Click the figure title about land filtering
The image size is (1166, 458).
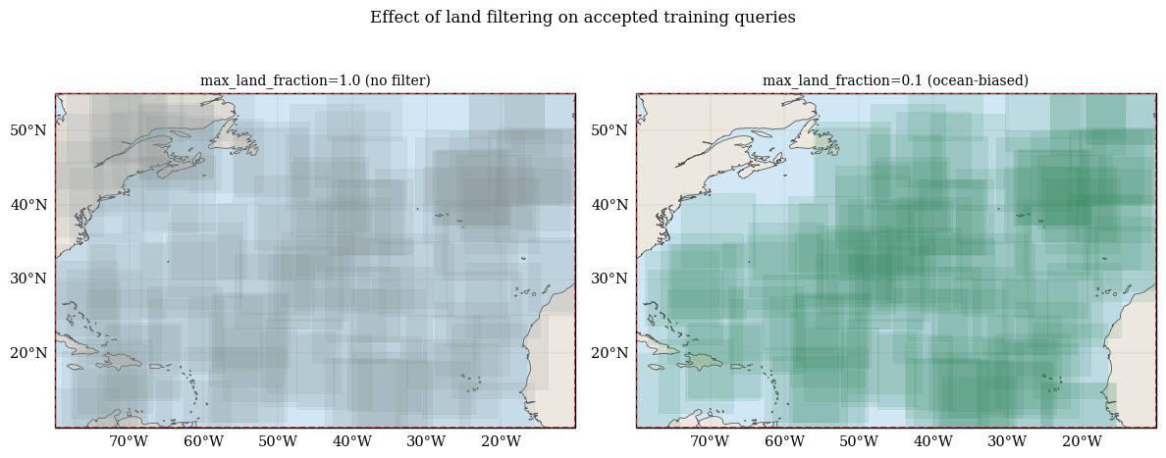(x=583, y=17)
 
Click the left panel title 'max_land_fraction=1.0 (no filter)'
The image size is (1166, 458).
(x=315, y=80)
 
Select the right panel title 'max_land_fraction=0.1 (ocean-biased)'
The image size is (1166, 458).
(x=895, y=80)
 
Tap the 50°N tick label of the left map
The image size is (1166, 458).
(x=28, y=130)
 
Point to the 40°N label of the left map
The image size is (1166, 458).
(x=28, y=204)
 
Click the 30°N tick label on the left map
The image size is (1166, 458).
(x=28, y=279)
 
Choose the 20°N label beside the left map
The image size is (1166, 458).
(x=28, y=352)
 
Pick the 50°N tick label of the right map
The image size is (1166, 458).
(x=609, y=130)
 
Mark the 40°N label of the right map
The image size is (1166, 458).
(x=609, y=204)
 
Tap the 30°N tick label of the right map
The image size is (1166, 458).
(x=609, y=279)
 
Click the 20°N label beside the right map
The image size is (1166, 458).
(x=609, y=352)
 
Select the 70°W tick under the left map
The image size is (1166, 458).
(x=130, y=441)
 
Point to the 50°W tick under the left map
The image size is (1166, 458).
(x=278, y=441)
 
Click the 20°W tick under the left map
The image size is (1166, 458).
(x=502, y=441)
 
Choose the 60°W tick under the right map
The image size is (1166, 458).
(x=784, y=441)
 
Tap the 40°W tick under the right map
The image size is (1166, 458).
(x=933, y=441)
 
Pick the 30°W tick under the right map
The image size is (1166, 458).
(x=1008, y=441)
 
